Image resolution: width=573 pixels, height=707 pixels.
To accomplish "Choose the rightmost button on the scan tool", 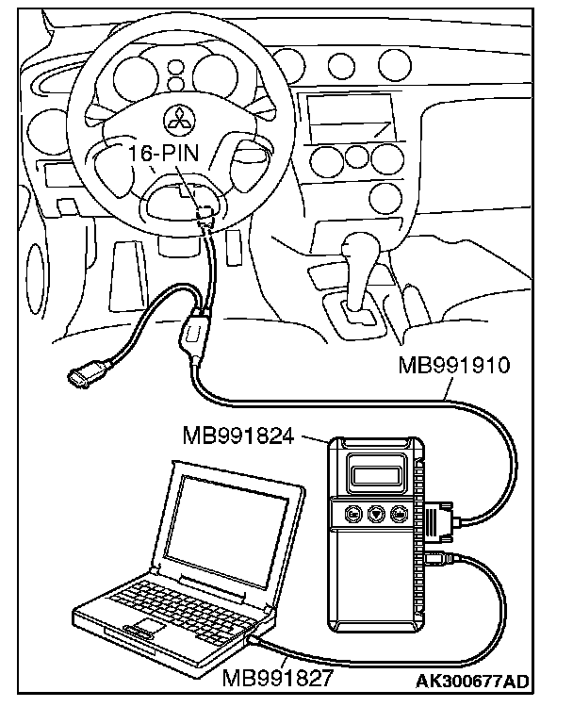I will pos(400,514).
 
